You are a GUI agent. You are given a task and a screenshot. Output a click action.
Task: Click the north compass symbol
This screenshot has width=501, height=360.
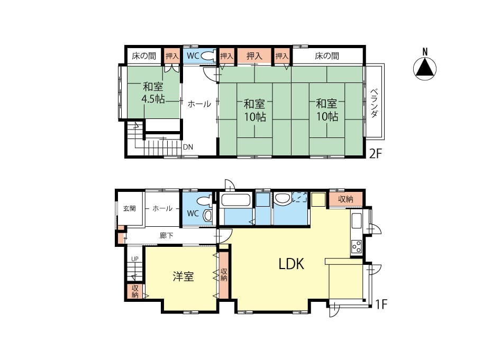click(x=425, y=68)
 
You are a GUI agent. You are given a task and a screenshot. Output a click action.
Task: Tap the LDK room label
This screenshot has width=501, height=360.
click(x=291, y=264)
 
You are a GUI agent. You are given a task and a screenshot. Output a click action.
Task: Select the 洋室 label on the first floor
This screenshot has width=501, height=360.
click(x=183, y=276)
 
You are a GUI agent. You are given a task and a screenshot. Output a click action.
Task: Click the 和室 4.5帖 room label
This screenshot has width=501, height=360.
click(x=153, y=93)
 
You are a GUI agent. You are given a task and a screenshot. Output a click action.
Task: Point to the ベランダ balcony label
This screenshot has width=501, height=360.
click(x=374, y=103)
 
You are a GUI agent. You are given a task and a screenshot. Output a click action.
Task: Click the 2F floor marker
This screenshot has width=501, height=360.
click(x=376, y=154)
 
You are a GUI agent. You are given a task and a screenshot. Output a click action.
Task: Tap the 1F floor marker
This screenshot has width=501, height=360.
click(x=381, y=304)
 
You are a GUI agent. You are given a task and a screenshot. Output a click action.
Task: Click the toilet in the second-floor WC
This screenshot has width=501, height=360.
click(x=208, y=56)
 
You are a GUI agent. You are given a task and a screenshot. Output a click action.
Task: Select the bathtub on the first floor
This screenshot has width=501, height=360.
click(x=236, y=200)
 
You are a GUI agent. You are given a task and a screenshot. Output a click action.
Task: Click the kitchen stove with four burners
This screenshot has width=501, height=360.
click(x=356, y=246)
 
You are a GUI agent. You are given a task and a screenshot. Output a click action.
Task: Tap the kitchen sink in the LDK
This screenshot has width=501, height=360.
click(x=356, y=220)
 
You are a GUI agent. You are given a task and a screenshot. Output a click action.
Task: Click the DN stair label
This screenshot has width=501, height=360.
click(x=188, y=147)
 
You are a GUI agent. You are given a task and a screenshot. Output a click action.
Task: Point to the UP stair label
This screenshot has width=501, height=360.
click(x=135, y=259)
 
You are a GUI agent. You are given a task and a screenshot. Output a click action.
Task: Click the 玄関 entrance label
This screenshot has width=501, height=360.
click(x=130, y=208)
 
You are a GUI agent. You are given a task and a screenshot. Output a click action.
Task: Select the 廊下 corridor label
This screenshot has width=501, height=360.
click(x=166, y=236)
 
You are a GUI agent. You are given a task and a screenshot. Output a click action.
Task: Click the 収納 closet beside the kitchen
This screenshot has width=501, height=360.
click(x=345, y=199)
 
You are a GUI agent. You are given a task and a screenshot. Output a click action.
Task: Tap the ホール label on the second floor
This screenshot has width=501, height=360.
click(x=199, y=104)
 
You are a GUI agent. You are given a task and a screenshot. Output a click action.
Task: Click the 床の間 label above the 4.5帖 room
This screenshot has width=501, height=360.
click(x=144, y=56)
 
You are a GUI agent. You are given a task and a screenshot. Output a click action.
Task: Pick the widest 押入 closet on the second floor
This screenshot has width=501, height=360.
click(x=254, y=56)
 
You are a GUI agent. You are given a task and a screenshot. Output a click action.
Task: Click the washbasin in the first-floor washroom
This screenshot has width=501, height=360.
click(x=282, y=199)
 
